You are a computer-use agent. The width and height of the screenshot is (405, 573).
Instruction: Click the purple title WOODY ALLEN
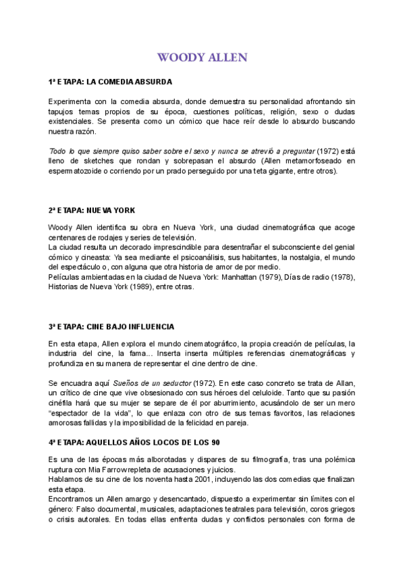202,57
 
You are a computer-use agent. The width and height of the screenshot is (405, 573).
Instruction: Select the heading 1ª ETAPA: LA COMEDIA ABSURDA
111,82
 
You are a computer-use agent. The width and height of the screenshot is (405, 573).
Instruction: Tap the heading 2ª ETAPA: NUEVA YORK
92,210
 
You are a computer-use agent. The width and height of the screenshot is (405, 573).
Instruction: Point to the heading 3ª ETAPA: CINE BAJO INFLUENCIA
112,326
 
